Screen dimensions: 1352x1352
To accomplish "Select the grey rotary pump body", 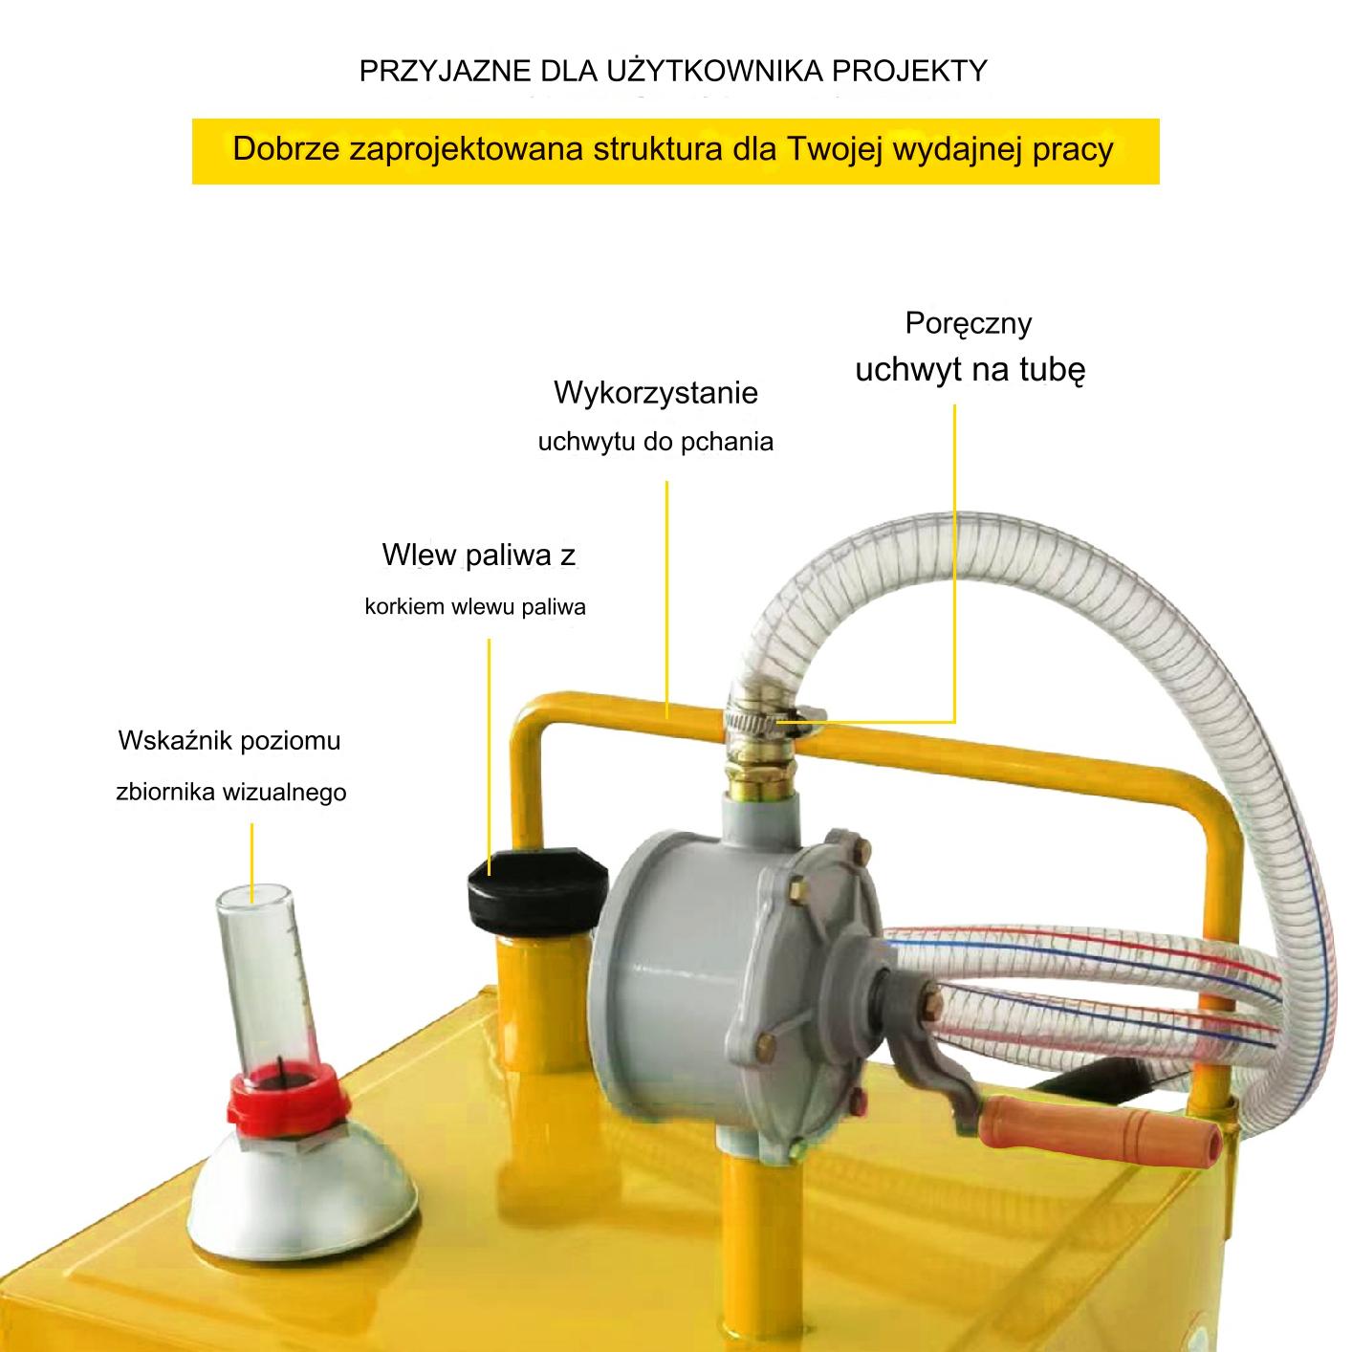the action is [730, 982].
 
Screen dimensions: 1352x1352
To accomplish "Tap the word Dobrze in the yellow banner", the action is [286, 149].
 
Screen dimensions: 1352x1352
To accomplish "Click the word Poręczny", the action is [969, 324].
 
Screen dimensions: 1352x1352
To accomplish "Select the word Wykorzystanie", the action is [656, 392].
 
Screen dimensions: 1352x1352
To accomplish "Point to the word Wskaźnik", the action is [167, 740].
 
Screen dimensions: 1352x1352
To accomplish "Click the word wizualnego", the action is [284, 792].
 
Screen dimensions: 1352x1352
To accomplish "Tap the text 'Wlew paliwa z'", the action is [478, 555].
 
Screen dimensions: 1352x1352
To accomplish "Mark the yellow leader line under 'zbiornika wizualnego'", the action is [251, 863].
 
